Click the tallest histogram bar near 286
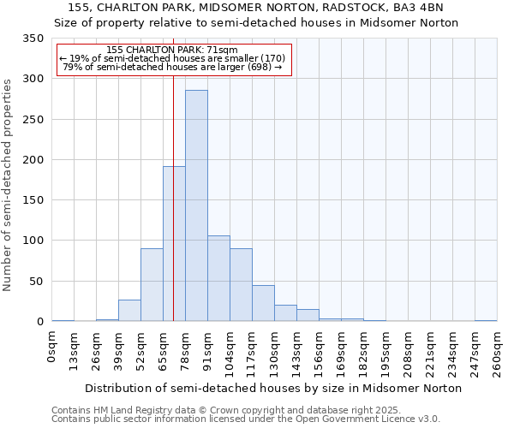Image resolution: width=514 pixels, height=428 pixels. coord(196,205)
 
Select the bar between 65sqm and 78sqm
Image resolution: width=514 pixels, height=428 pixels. coord(174,244)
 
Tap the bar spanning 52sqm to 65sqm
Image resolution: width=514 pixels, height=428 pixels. coord(152,285)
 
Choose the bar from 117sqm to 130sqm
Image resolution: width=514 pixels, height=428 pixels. coord(263,303)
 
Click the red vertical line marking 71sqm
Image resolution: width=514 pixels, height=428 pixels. coord(173,188)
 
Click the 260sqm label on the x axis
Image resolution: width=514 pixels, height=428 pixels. coord(497,352)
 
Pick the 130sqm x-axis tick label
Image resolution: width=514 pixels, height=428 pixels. coord(274,352)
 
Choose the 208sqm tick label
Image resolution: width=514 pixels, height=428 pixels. coord(408,352)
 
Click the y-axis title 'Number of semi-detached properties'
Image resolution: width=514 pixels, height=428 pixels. coord(8,184)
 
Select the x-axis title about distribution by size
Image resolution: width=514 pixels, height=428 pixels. coord(274,388)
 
